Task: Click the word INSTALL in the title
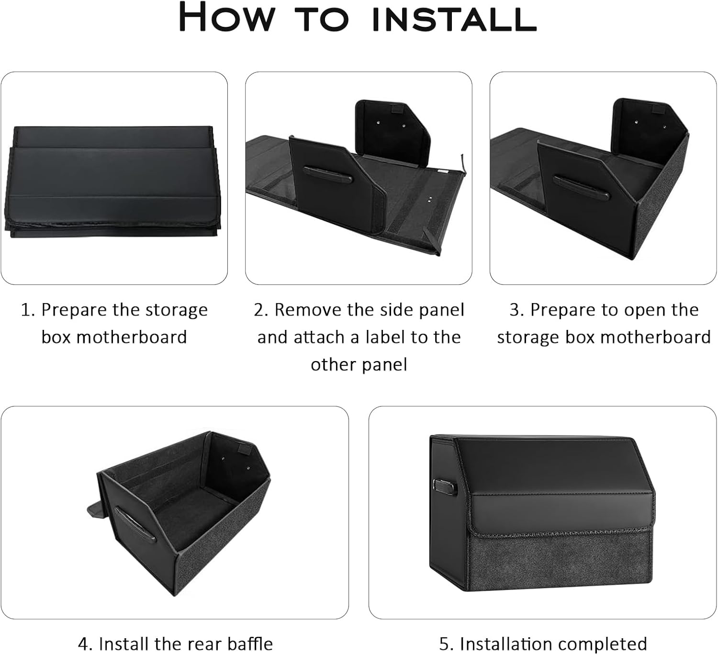(x=454, y=18)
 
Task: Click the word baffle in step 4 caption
(x=250, y=644)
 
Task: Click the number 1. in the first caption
(x=28, y=310)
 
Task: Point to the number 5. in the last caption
(x=447, y=644)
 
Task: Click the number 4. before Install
(x=86, y=644)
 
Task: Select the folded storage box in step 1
(x=113, y=181)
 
